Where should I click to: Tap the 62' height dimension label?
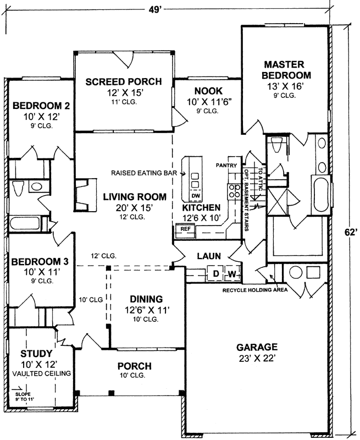351,232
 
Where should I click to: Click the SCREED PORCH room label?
124,82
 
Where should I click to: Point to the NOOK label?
208,91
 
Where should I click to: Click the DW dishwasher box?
196,196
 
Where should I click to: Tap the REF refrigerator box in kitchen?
186,229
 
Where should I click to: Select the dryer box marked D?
216,273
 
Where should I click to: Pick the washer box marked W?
232,273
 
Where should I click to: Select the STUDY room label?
36,353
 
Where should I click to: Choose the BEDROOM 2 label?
37,106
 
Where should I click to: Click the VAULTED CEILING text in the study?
42,373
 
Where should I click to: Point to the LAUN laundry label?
209,256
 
